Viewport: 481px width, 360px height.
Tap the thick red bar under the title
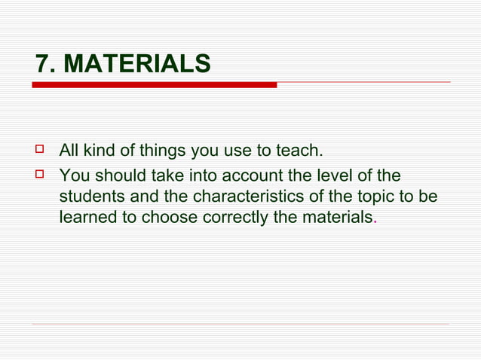(x=154, y=85)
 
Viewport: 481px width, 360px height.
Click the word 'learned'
(x=88, y=218)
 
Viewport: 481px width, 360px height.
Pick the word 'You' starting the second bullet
(x=74, y=176)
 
